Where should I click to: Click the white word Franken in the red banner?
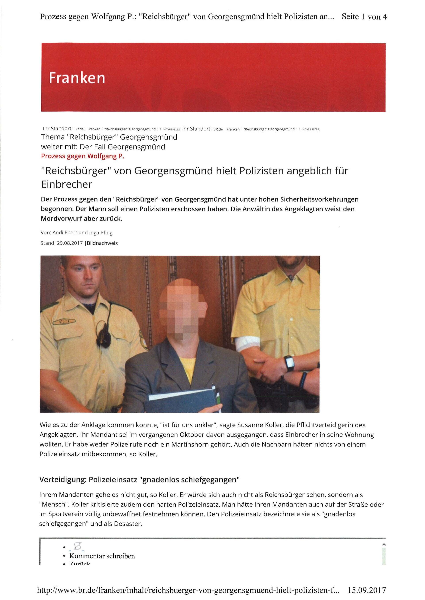click(x=77, y=78)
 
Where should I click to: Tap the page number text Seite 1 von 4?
click(x=364, y=17)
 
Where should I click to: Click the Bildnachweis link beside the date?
click(x=102, y=243)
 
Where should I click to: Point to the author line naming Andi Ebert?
click(x=77, y=232)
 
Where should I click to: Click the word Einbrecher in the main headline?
click(x=66, y=185)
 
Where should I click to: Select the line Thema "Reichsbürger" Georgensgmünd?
click(x=109, y=137)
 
